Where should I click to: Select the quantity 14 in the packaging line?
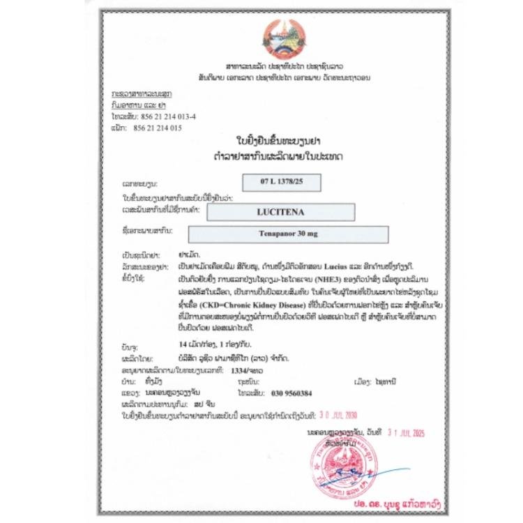(185, 344)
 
